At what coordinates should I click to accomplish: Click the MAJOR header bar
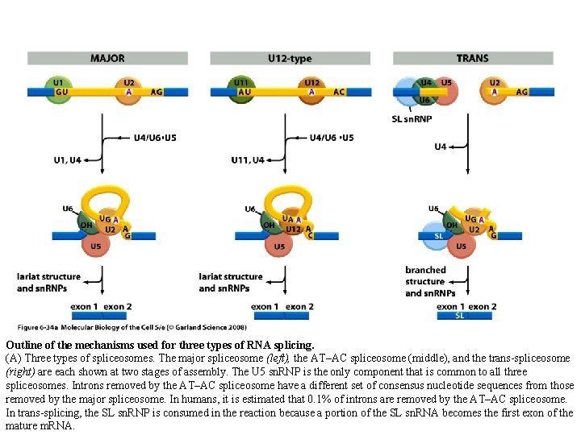click(x=107, y=58)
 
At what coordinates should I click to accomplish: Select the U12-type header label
click(x=290, y=58)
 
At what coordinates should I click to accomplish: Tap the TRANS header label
click(x=472, y=58)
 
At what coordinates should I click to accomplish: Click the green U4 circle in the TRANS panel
click(x=425, y=85)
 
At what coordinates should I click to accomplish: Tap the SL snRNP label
click(x=411, y=119)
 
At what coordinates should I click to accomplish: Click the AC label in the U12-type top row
click(x=339, y=92)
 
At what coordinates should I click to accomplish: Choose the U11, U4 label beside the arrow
click(x=247, y=159)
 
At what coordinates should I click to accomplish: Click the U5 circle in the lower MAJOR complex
click(x=95, y=246)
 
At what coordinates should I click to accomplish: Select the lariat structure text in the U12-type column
click(x=231, y=276)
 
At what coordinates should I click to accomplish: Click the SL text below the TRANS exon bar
click(x=460, y=316)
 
